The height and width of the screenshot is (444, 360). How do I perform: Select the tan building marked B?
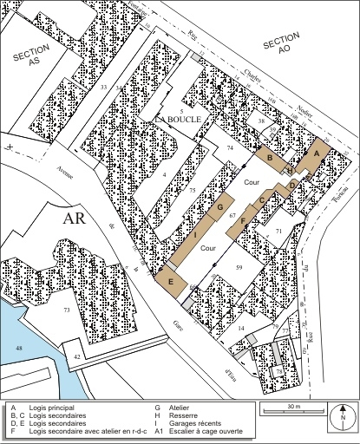(271, 159)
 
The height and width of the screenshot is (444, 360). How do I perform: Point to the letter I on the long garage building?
(196, 235)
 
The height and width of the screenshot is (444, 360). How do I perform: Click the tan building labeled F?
(243, 220)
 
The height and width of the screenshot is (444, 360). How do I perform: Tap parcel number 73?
(65, 310)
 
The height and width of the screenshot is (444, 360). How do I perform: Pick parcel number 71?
(278, 232)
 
